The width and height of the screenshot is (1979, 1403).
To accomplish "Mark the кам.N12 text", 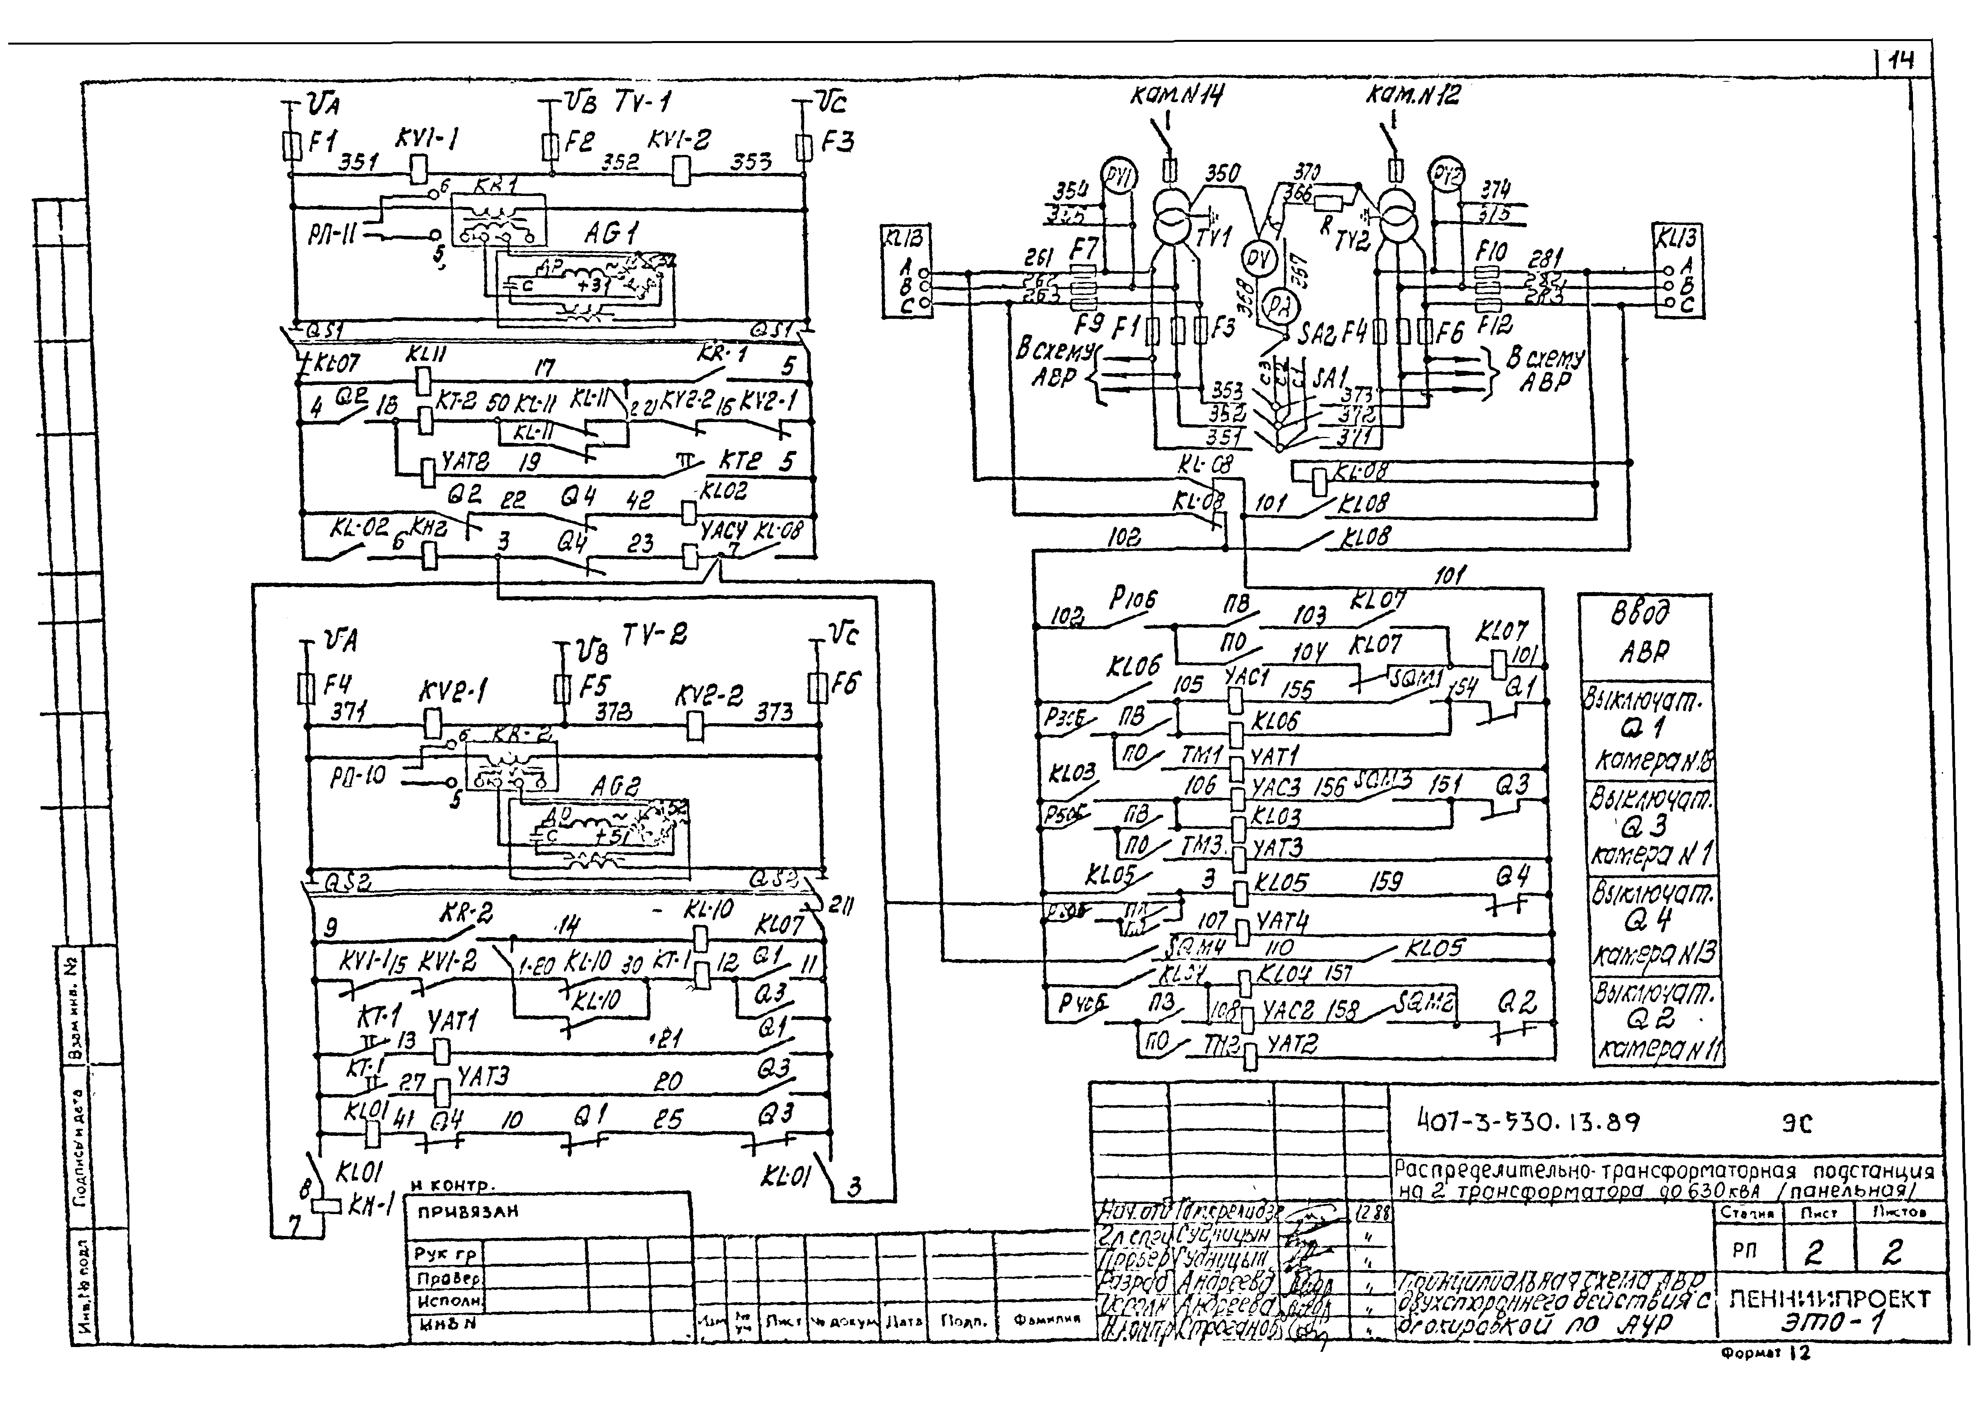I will pos(1412,95).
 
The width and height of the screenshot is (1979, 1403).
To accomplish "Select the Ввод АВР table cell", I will pos(1644,635).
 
